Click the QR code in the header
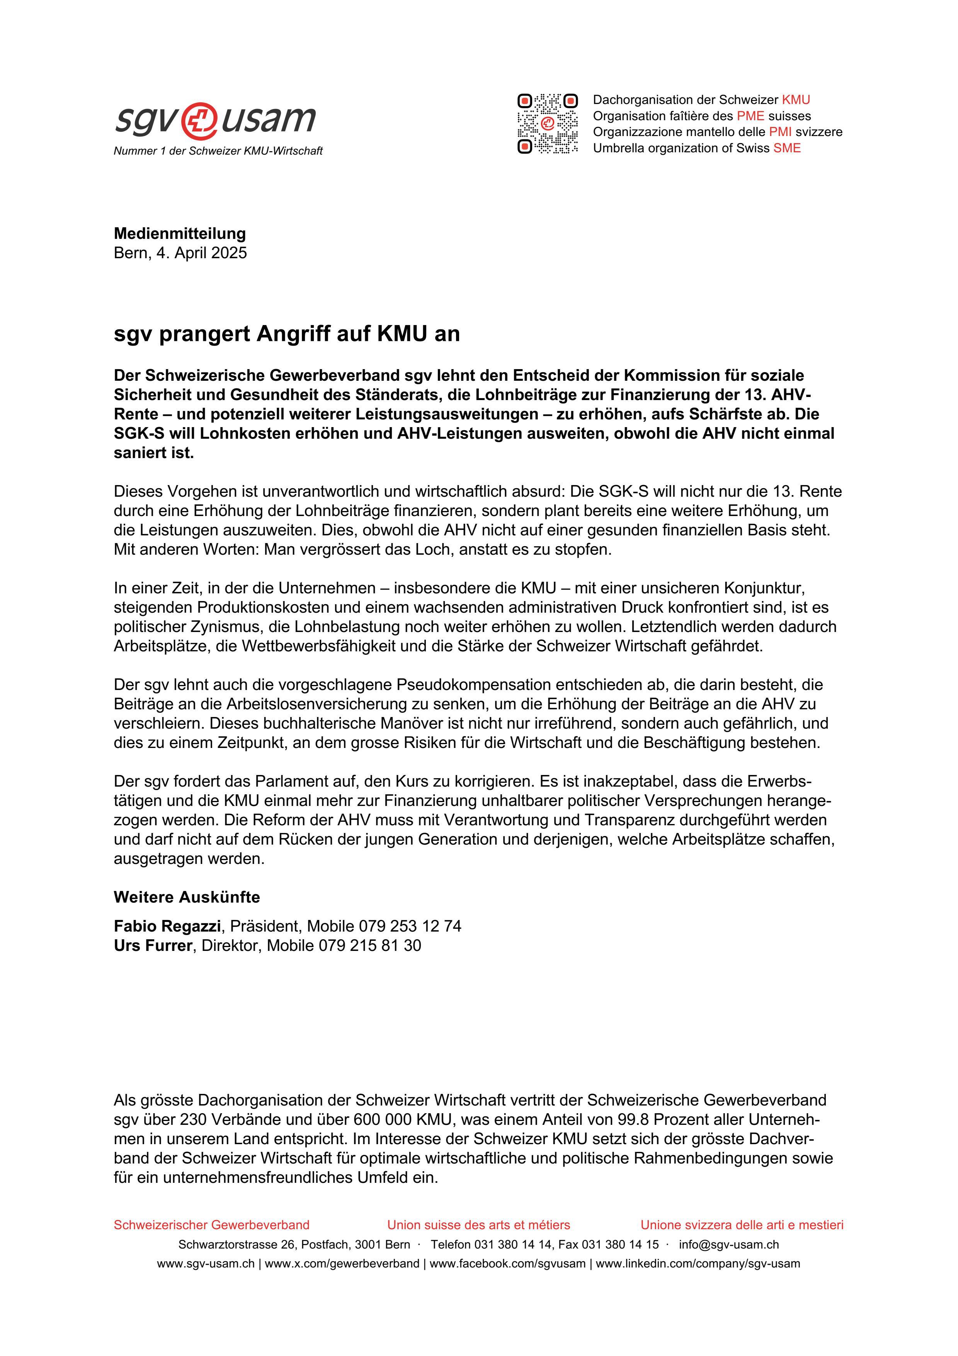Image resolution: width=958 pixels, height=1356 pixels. pos(547,124)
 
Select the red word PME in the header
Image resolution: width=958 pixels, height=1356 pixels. pos(750,116)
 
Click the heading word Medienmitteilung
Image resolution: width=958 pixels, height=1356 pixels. pos(179,233)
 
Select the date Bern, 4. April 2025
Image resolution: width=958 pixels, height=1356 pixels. pos(180,253)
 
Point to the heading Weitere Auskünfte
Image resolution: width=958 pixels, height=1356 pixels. pos(187,897)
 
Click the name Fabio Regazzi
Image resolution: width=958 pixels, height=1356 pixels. pos(167,926)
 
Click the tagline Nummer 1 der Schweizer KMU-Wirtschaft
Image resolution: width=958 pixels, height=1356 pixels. pos(218,151)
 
